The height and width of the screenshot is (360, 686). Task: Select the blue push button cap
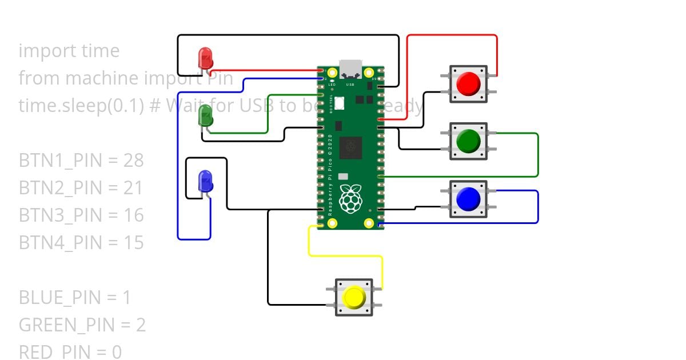[468, 199]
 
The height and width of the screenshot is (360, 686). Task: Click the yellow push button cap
[353, 298]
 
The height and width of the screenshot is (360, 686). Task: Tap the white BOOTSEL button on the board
[340, 103]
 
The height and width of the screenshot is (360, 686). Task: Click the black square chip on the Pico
[350, 147]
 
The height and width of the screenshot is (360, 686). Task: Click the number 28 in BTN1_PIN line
[133, 161]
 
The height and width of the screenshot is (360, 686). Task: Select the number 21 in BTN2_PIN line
[133, 188]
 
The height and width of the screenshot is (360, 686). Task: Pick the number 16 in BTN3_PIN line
[133, 215]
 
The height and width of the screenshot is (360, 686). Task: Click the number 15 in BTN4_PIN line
[133, 243]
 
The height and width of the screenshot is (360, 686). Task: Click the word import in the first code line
[41, 51]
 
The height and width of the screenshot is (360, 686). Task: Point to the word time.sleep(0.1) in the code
[81, 106]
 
